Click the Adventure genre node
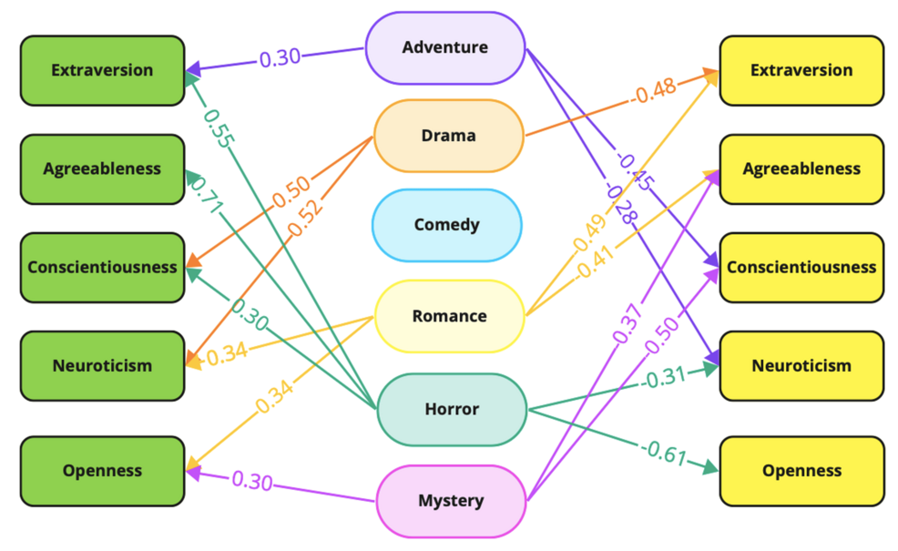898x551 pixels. pos(445,47)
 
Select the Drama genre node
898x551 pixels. pos(448,136)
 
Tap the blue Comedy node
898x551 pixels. pos(446,224)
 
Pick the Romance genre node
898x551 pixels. pos(449,316)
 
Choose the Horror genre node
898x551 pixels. pos(452,409)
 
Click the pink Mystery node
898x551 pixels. pos(451,500)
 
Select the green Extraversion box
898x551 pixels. pos(102,70)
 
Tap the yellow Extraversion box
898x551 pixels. pos(801,70)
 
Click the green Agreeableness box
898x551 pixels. pos(102,168)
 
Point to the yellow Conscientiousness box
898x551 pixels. pos(801,267)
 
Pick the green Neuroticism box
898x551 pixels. pos(102,365)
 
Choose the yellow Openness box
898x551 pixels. pos(801,471)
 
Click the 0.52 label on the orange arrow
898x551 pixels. pos(306,216)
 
